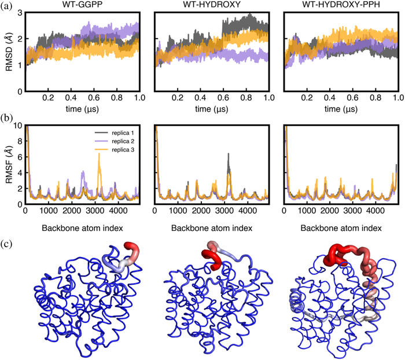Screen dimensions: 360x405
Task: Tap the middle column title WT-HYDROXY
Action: point(212,5)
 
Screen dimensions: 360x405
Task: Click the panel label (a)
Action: point(6,6)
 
